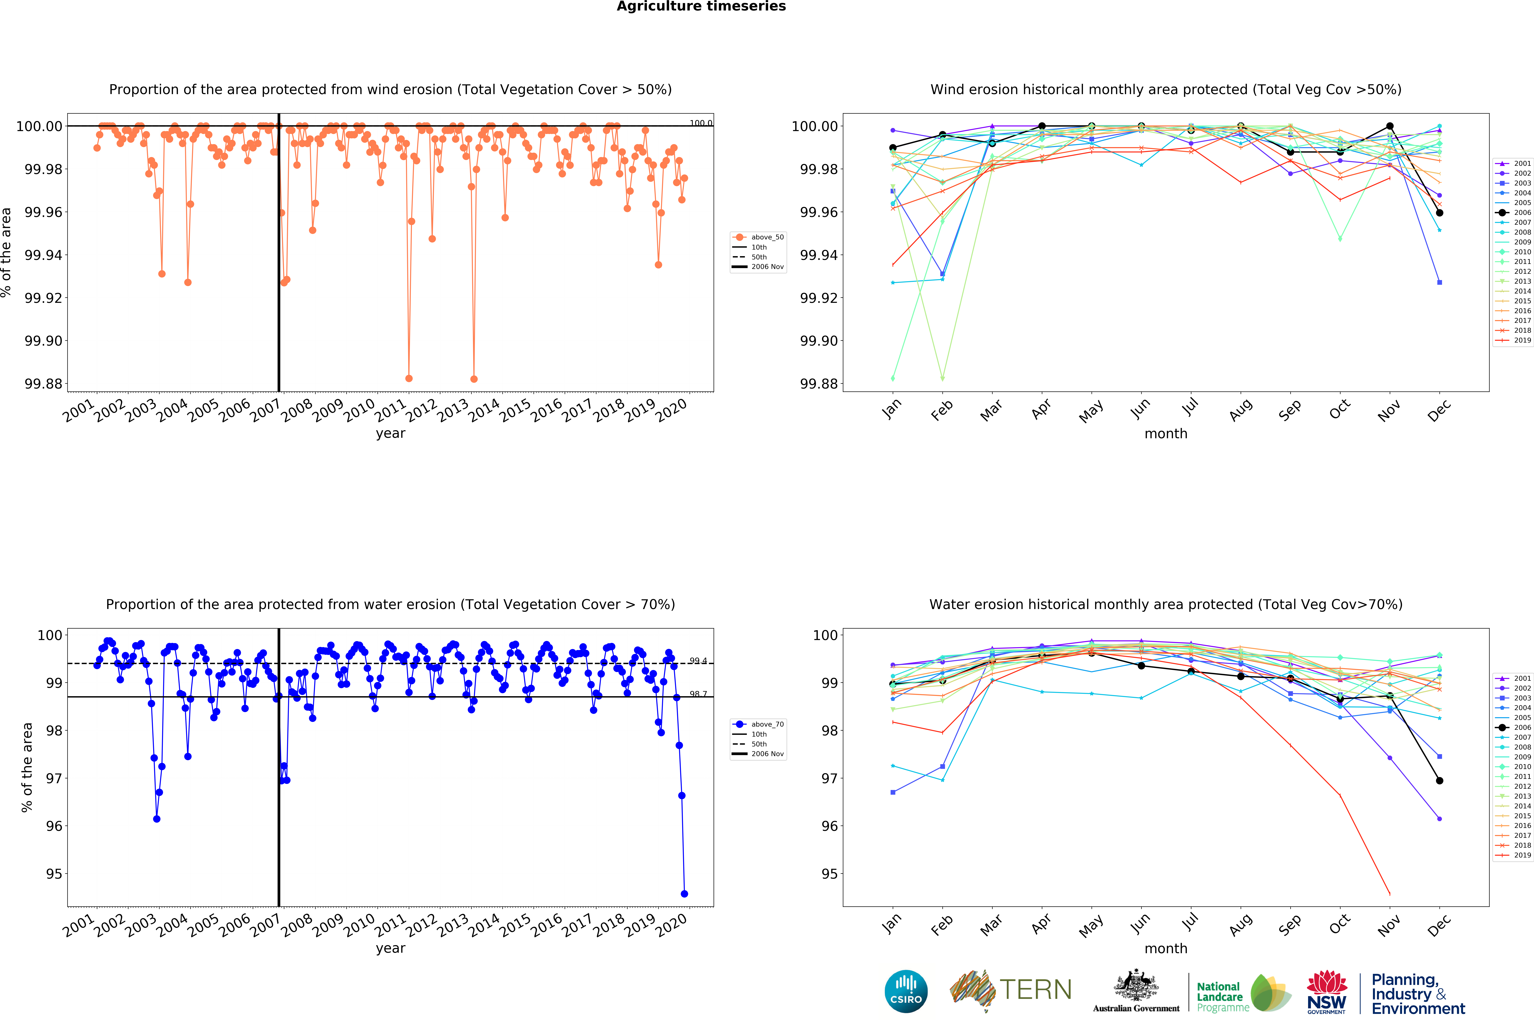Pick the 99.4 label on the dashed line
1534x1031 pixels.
click(x=698, y=661)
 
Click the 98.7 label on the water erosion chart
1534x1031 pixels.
click(x=698, y=694)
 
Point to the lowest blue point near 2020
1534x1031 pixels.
click(x=684, y=894)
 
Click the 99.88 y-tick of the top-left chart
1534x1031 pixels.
click(x=43, y=384)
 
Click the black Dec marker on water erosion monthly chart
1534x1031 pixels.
click(x=1439, y=780)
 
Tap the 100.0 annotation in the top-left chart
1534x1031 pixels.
click(x=701, y=123)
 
